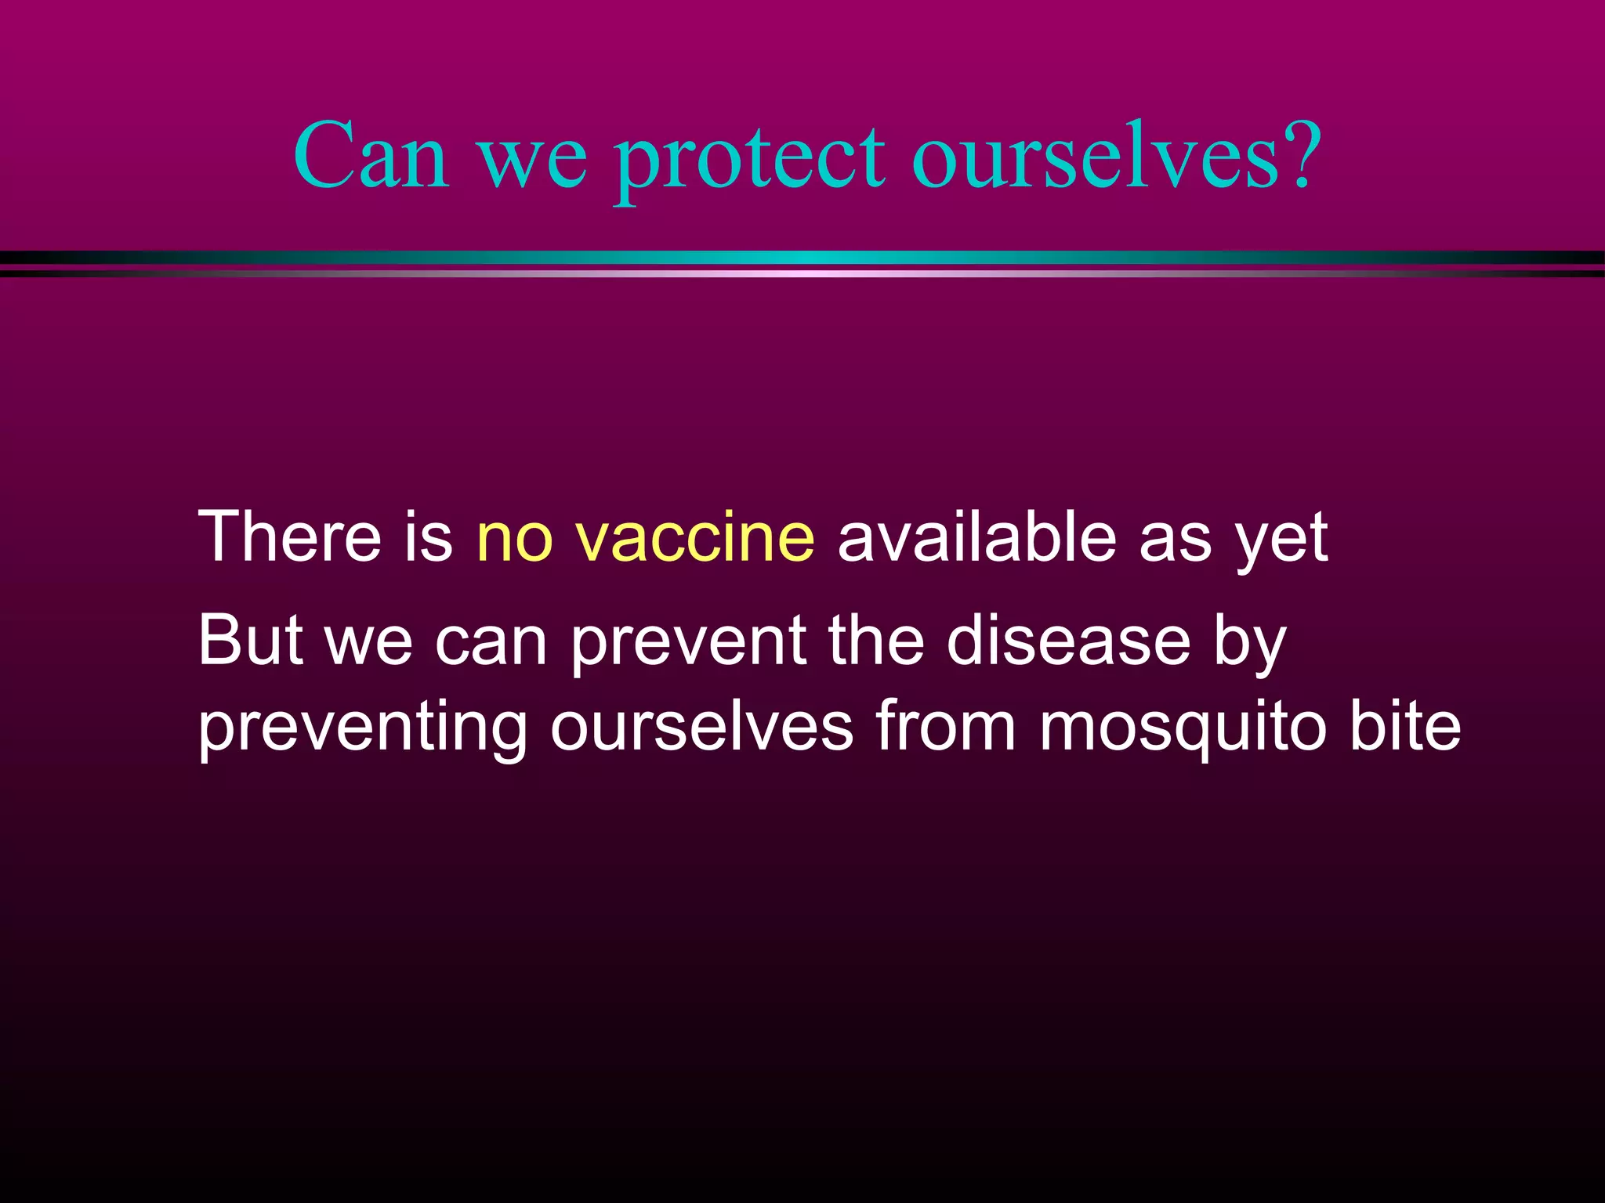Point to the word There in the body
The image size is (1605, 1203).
pyautogui.click(x=289, y=537)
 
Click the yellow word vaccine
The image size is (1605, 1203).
pyautogui.click(x=694, y=537)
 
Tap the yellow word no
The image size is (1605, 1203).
pyautogui.click(x=514, y=537)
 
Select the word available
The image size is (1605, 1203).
pyautogui.click(x=976, y=537)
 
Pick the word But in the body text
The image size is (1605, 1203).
pyautogui.click(x=250, y=640)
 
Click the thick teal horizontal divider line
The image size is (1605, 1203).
pyautogui.click(x=802, y=258)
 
